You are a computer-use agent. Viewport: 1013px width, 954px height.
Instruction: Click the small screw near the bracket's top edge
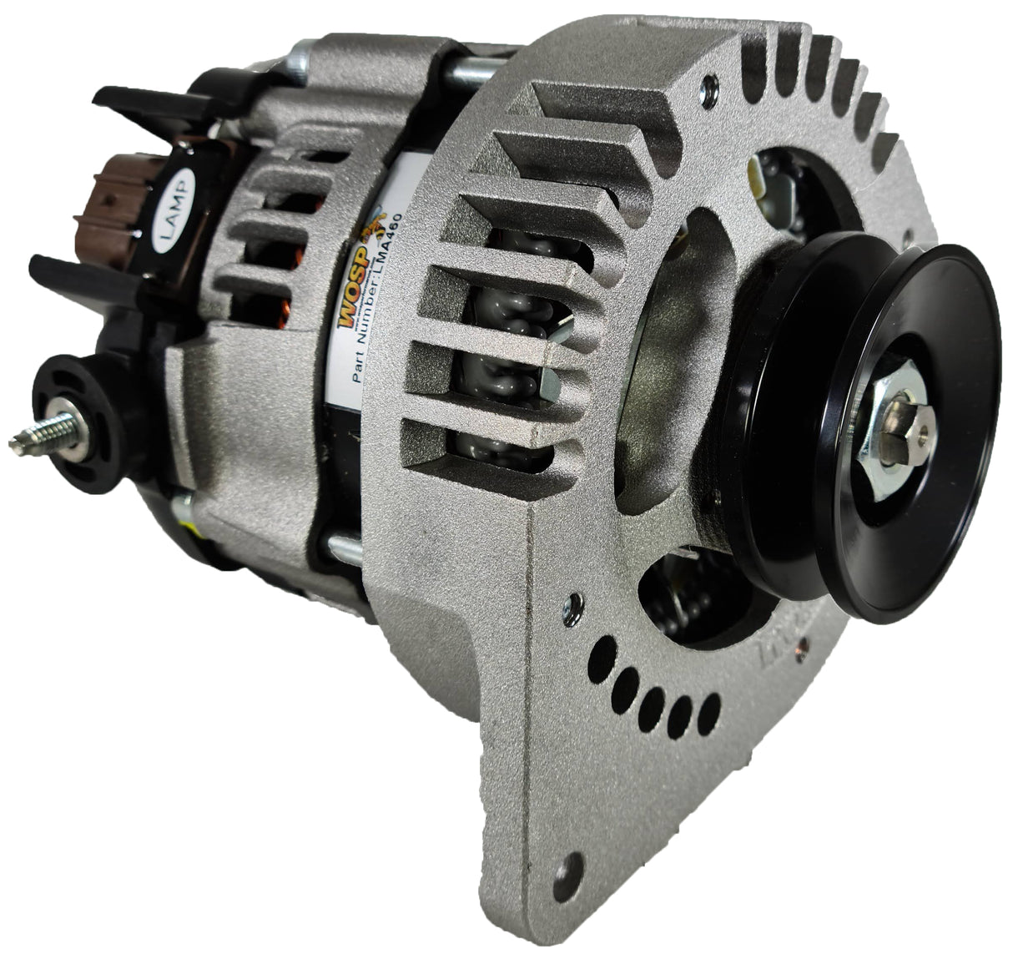click(x=708, y=82)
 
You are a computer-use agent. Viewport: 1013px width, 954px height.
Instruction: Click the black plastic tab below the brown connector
click(x=79, y=271)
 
